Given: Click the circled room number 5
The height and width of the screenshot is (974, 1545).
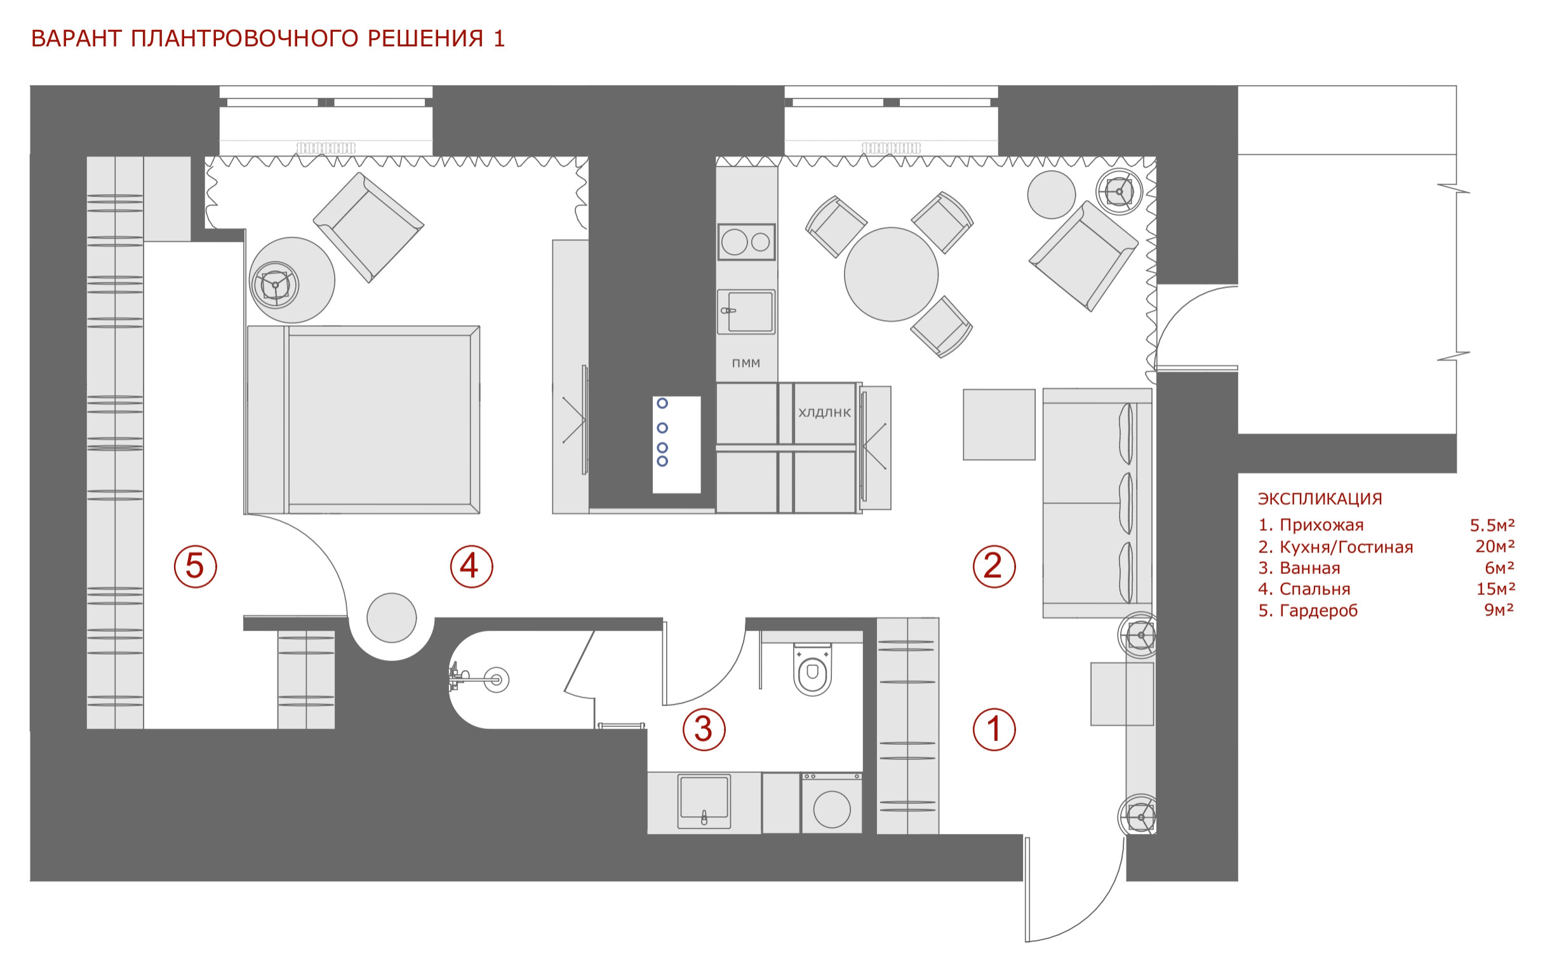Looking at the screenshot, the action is (195, 566).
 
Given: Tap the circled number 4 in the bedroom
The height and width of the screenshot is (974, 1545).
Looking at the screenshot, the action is (471, 566).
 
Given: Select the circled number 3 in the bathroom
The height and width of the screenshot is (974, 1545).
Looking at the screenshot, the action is (703, 729).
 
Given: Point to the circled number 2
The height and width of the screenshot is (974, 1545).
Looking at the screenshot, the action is (994, 566).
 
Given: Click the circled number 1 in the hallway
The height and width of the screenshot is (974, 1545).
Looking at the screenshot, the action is (994, 729).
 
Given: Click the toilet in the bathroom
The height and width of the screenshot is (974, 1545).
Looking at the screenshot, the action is (812, 669).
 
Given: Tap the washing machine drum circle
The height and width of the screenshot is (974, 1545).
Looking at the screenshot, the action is (831, 809).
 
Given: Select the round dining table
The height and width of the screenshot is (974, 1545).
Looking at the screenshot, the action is (890, 274).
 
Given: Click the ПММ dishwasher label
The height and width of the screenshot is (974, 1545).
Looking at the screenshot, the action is (746, 363).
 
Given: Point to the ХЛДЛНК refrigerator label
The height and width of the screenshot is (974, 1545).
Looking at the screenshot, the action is (824, 413).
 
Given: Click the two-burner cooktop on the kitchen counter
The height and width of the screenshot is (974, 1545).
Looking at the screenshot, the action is (746, 242).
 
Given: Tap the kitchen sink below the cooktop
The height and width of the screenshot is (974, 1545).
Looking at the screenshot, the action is (746, 312).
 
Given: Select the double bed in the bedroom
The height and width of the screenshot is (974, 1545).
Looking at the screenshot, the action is (363, 420).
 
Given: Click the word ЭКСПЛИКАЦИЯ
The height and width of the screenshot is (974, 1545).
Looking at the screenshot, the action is (1320, 498).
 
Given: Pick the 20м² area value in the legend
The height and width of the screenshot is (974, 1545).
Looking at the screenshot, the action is (1495, 547).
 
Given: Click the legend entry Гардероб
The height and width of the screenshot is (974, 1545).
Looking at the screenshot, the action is (1318, 611).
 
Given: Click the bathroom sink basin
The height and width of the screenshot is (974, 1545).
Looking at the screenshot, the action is (704, 801).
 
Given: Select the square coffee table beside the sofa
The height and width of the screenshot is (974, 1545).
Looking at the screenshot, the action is (999, 424).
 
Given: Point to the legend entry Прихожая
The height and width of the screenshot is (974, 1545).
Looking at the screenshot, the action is (1321, 526).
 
